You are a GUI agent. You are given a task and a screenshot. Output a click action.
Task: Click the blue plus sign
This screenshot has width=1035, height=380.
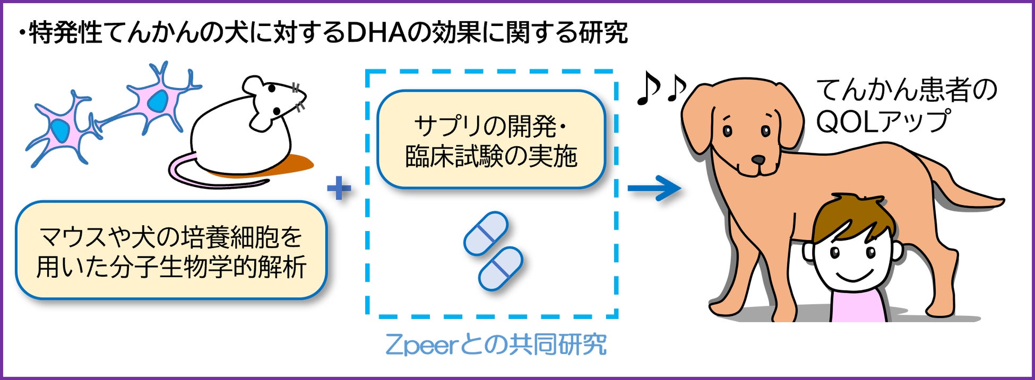[339, 188]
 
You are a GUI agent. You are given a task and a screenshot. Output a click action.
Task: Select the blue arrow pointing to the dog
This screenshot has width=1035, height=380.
[653, 188]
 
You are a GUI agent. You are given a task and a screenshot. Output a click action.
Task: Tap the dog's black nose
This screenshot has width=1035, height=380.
[758, 159]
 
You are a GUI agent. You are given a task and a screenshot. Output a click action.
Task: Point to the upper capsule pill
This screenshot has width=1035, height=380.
[486, 234]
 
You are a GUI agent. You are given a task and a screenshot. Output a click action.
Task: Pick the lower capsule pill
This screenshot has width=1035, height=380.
[501, 268]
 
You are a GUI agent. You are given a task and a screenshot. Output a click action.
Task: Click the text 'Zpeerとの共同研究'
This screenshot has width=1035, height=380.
[496, 345]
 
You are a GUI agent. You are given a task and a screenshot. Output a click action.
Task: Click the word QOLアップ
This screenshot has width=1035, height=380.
[882, 121]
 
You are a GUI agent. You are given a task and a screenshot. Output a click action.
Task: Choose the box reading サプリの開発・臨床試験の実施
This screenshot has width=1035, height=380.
[491, 140]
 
